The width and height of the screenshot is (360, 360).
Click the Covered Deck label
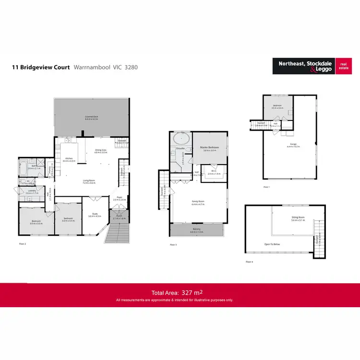pyautogui.click(x=91, y=117)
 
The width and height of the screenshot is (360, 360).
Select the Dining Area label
pyautogui.click(x=101, y=151)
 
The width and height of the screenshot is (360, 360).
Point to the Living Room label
pyautogui.click(x=89, y=181)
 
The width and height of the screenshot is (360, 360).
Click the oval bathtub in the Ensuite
pyautogui.click(x=181, y=139)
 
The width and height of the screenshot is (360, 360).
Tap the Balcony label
pyautogui.click(x=197, y=230)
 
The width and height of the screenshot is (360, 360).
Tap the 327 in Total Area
pyautogui.click(x=188, y=292)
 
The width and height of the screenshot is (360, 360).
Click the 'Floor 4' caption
pyautogui.click(x=249, y=262)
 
